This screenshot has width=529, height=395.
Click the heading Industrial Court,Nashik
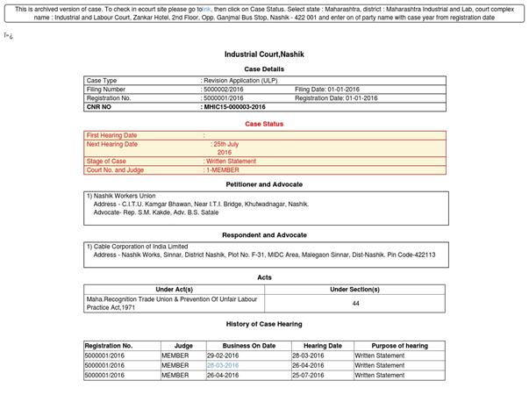click(x=264, y=54)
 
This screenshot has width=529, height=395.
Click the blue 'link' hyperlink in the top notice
click(x=205, y=9)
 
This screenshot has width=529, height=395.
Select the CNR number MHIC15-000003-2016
click(x=234, y=107)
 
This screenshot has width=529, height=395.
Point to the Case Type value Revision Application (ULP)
click(x=240, y=81)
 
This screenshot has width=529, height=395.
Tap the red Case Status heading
click(x=264, y=124)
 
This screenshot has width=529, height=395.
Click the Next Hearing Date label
click(x=113, y=144)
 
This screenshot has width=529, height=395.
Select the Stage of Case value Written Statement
click(x=230, y=162)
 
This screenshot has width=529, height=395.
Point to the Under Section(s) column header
click(x=355, y=289)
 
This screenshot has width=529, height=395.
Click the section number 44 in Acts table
click(x=355, y=303)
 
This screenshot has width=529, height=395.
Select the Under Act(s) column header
click(x=174, y=289)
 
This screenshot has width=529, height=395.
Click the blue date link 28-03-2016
click(x=223, y=365)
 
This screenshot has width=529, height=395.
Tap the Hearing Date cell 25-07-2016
click(x=322, y=375)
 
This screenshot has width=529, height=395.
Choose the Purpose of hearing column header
click(x=399, y=346)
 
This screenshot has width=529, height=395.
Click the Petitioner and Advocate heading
click(x=264, y=184)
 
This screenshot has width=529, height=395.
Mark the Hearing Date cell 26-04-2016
click(x=322, y=365)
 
